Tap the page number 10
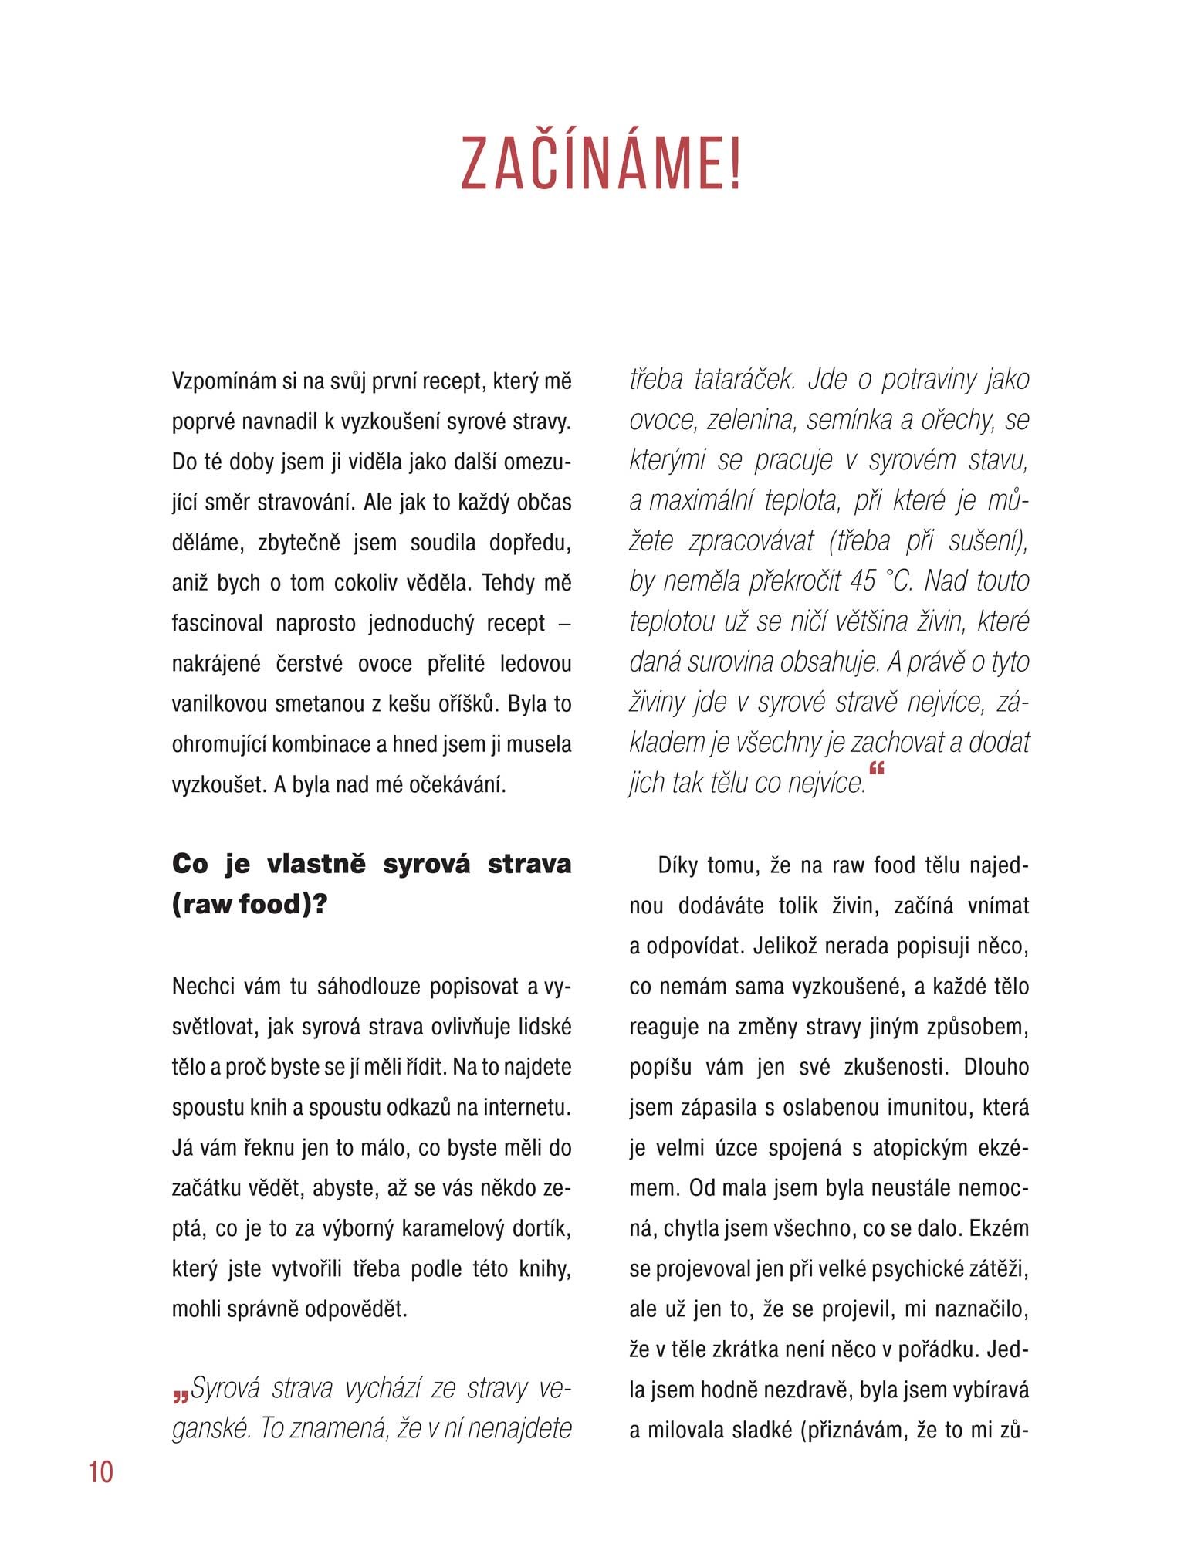[x=101, y=1471]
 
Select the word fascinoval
[x=217, y=623]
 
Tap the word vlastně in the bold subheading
[x=316, y=863]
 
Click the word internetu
[x=527, y=1107]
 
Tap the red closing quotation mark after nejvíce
[x=876, y=769]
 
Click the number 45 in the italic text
[x=862, y=581]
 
